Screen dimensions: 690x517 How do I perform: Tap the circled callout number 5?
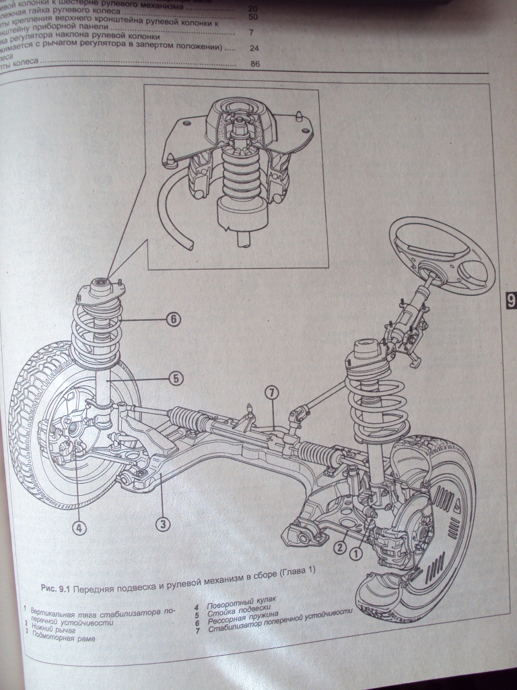pyautogui.click(x=175, y=379)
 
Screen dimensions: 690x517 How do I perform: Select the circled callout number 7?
pyautogui.click(x=271, y=392)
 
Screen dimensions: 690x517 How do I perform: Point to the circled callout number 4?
pyautogui.click(x=79, y=528)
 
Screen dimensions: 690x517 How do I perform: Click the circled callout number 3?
pyautogui.click(x=162, y=522)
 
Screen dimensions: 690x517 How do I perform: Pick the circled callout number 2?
pyautogui.click(x=341, y=537)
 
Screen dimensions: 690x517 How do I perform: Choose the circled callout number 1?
pyautogui.click(x=356, y=552)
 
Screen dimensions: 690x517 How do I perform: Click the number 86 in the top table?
pyautogui.click(x=254, y=65)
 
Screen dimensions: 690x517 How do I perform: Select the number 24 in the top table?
pyautogui.click(x=254, y=49)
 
